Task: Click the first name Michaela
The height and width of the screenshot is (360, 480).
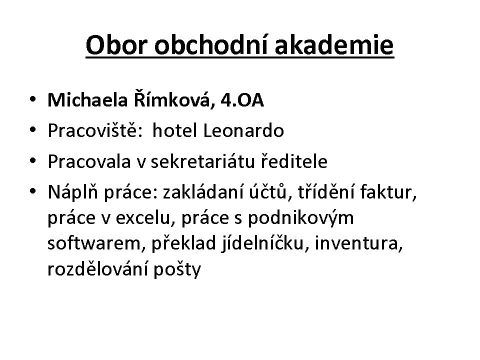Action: pos(87,100)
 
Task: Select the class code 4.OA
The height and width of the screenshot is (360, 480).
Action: pos(242,100)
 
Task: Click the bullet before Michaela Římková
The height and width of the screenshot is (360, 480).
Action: pos(32,99)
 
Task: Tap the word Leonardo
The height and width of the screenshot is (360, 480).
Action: pos(243,130)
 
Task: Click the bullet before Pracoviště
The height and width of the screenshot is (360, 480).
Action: pos(32,130)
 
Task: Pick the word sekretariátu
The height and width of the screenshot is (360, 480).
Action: pos(202,161)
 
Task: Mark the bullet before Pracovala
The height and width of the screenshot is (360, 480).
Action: pos(32,160)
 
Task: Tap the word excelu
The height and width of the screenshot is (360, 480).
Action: pos(145,218)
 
